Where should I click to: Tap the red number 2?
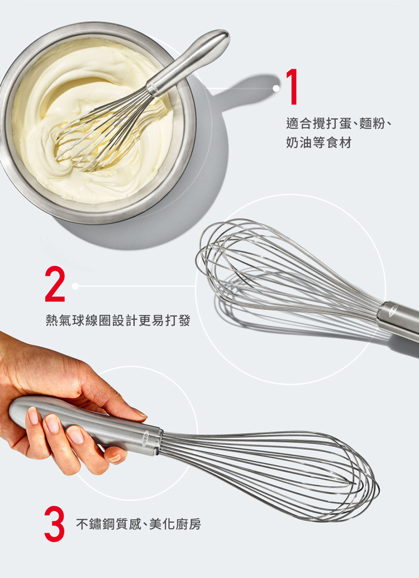tap(55, 284)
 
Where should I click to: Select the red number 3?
tap(55, 524)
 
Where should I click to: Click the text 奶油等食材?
tap(318, 143)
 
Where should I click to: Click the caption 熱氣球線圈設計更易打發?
tap(118, 321)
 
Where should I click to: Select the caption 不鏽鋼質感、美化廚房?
tap(139, 524)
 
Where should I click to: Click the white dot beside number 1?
tap(276, 88)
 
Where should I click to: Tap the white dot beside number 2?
tap(75, 286)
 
